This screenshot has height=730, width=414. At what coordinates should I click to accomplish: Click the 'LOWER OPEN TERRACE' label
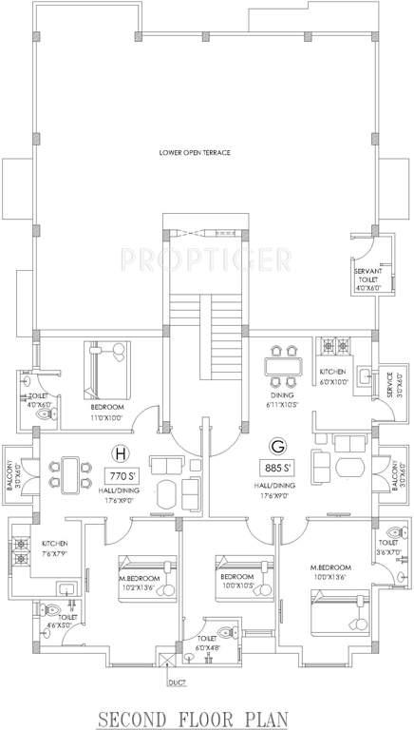pos(196,153)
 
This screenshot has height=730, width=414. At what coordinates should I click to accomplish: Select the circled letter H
pos(121,451)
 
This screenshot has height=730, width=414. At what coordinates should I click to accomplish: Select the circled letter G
pos(278,444)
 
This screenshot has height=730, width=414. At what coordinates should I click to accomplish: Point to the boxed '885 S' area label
pos(278,467)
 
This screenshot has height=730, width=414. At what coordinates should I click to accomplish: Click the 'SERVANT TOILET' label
pos(367,277)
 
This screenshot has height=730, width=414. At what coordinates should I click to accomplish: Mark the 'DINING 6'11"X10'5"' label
pos(282,399)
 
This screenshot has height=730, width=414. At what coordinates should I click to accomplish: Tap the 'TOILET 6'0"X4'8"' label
pos(208,644)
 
